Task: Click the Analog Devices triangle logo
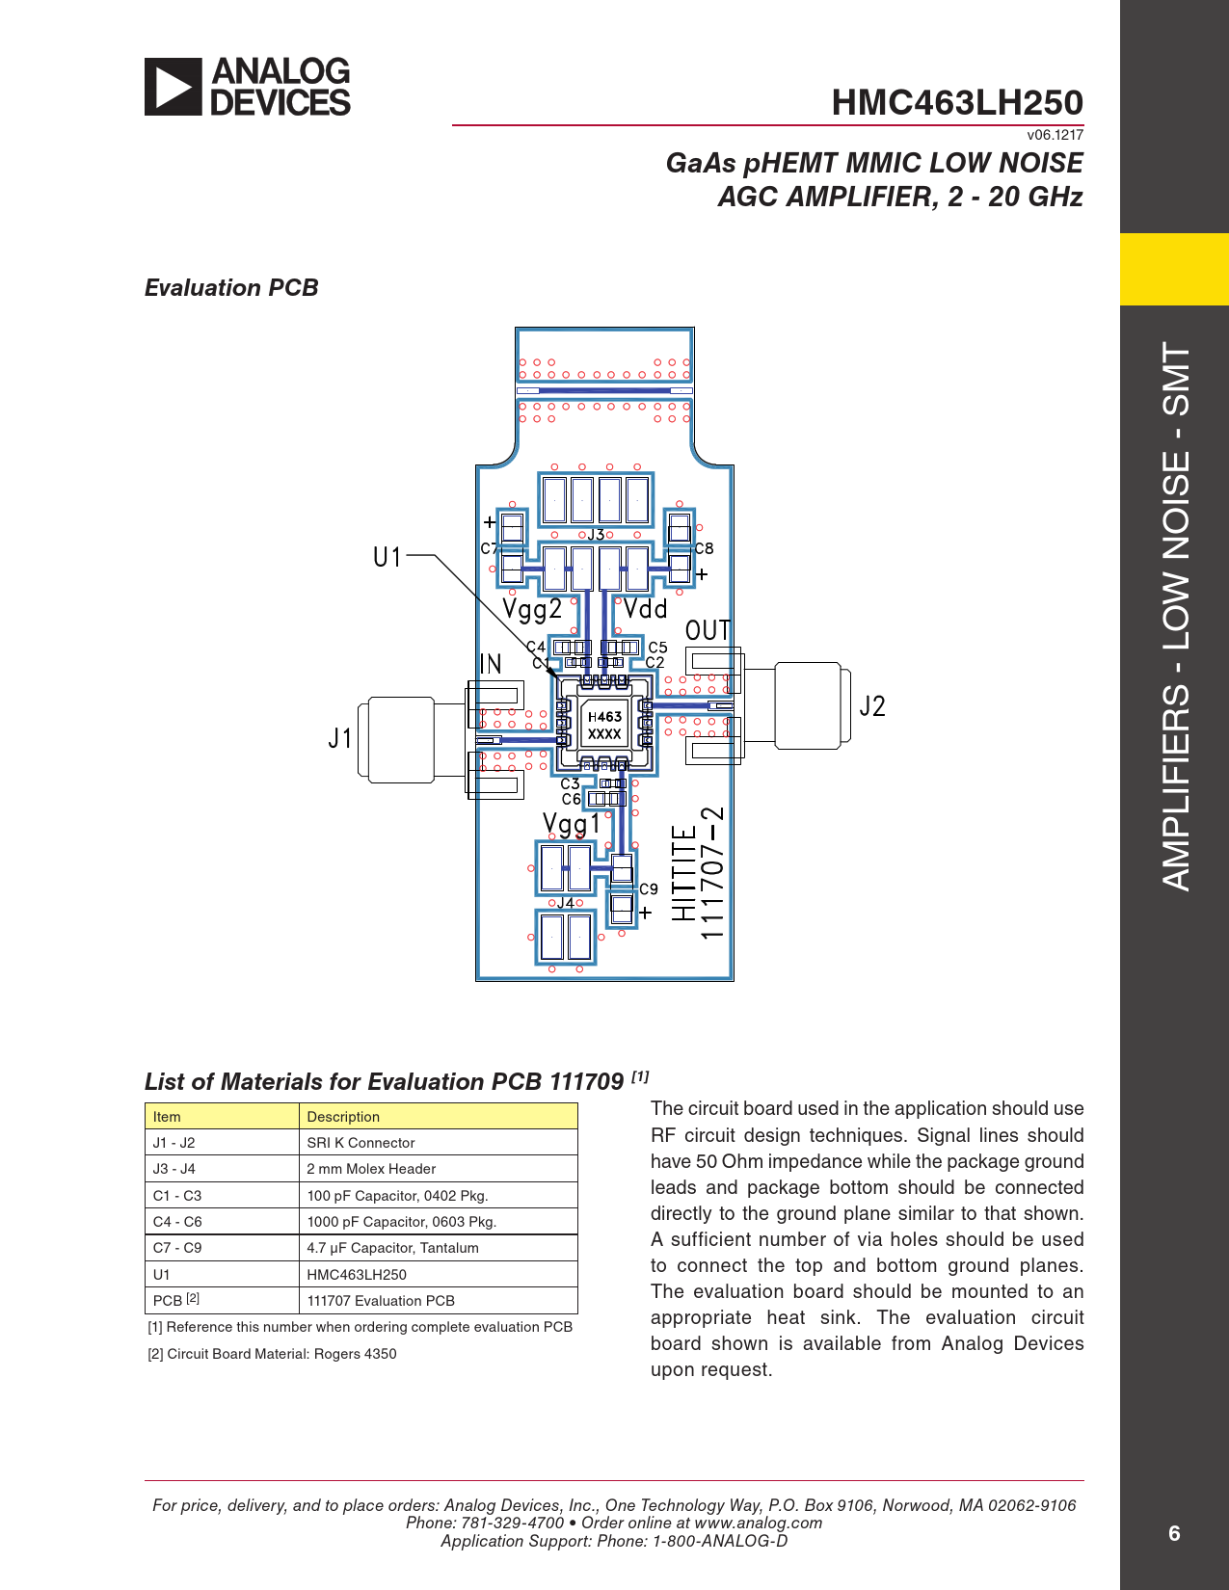[x=173, y=87]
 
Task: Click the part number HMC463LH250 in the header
[x=957, y=102]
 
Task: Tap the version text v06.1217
[x=1055, y=135]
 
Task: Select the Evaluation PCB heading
[x=231, y=287]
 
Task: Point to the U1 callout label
[x=387, y=558]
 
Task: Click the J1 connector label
[x=339, y=738]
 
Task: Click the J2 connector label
[x=871, y=706]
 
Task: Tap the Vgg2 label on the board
[x=532, y=610]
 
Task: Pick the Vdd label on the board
[x=645, y=609]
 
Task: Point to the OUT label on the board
[x=708, y=630]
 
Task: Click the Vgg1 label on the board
[x=571, y=825]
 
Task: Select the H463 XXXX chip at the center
[x=604, y=725]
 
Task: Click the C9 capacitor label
[x=649, y=889]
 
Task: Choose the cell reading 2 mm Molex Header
[x=371, y=1169]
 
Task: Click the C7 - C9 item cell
[x=177, y=1248]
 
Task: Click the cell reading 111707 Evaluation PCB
[x=381, y=1300]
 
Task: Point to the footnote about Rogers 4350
[x=272, y=1354]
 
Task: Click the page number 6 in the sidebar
[x=1174, y=1533]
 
